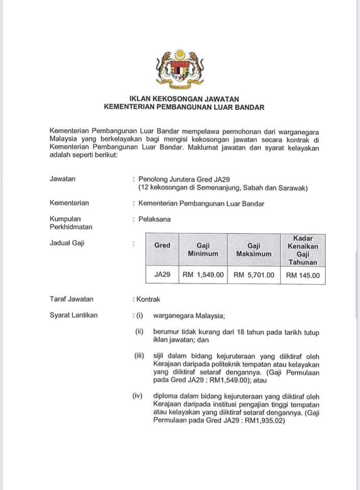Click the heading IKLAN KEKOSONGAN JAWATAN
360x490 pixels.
pyautogui.click(x=184, y=99)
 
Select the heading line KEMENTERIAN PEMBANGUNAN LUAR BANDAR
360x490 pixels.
pyautogui.click(x=184, y=107)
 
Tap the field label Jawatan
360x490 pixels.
pyautogui.click(x=63, y=179)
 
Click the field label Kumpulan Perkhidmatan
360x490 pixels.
pyautogui.click(x=71, y=223)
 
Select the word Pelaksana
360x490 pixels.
pyautogui.click(x=155, y=219)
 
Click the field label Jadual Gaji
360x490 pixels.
pyautogui.click(x=67, y=243)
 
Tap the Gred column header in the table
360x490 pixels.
pyautogui.click(x=162, y=246)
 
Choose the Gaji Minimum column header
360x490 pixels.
pyautogui.click(x=203, y=250)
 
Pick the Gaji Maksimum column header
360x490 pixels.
pyautogui.click(x=254, y=250)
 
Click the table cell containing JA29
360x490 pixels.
pyautogui.click(x=162, y=275)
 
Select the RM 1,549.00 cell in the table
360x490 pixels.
pyautogui.click(x=203, y=275)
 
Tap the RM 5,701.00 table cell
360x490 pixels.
pyautogui.click(x=254, y=275)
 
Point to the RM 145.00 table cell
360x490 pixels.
pyautogui.click(x=303, y=275)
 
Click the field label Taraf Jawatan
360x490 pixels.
pyautogui.click(x=71, y=299)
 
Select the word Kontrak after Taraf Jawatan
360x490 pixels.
pyautogui.click(x=148, y=299)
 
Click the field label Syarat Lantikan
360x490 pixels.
pyautogui.click(x=73, y=315)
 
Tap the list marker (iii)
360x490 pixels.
pyautogui.click(x=140, y=356)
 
